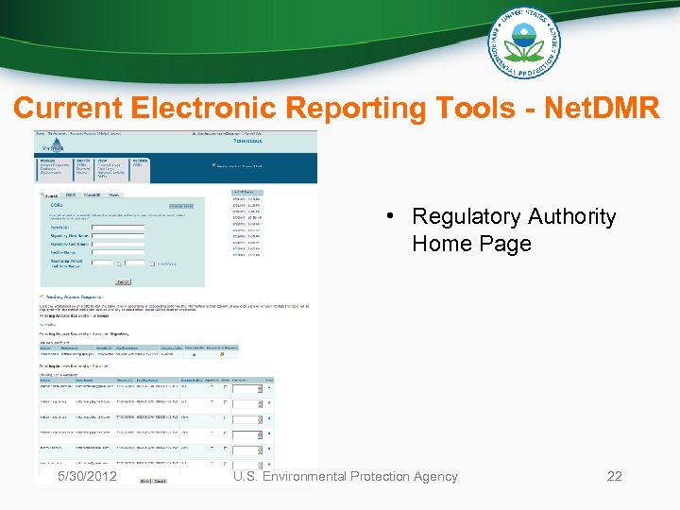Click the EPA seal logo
(524, 42)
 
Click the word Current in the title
(65, 109)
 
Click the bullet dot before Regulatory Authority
(388, 217)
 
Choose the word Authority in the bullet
(571, 217)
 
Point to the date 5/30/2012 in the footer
(87, 476)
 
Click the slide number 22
(614, 476)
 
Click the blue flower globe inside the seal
(524, 42)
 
